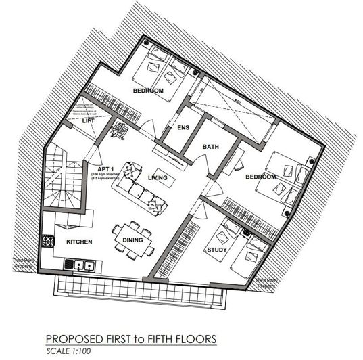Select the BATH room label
[212, 147]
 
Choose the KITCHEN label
[78, 242]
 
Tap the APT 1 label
[105, 169]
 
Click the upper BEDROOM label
[147, 91]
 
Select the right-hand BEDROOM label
[260, 177]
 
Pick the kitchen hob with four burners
[48, 240]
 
